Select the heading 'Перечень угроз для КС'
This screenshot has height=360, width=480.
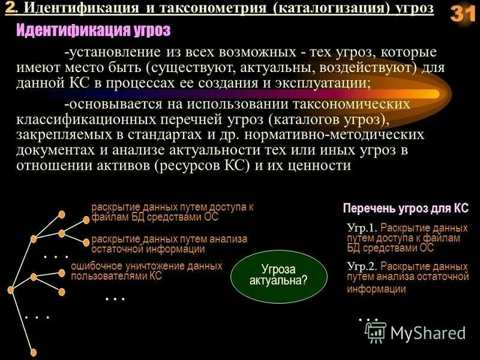pos(406,209)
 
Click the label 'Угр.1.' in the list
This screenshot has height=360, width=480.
pos(362,229)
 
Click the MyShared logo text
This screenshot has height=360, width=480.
pos(427,333)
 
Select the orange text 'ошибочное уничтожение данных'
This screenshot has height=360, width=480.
pos(146,266)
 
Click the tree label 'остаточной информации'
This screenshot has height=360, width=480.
pos(148,249)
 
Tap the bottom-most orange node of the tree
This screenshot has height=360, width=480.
pos(34,353)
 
